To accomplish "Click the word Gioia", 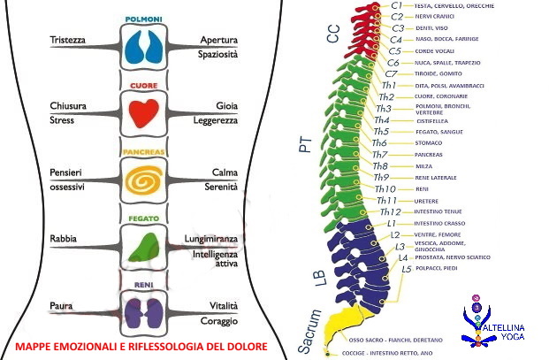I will pyautogui.click(x=227, y=105).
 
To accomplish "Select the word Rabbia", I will pyautogui.click(x=65, y=238).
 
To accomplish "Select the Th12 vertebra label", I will pyautogui.click(x=390, y=211).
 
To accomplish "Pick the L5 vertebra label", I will pyautogui.click(x=407, y=268).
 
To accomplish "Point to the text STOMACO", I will pyautogui.click(x=430, y=142).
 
